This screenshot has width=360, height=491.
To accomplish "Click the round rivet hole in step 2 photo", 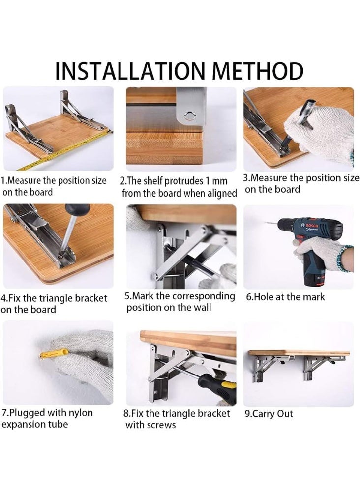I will (x=188, y=116).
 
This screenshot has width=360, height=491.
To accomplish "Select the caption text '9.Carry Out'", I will (x=269, y=414).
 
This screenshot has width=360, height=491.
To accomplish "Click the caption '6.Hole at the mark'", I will (x=285, y=297).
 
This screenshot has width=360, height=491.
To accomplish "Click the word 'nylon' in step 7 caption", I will (x=79, y=413).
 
